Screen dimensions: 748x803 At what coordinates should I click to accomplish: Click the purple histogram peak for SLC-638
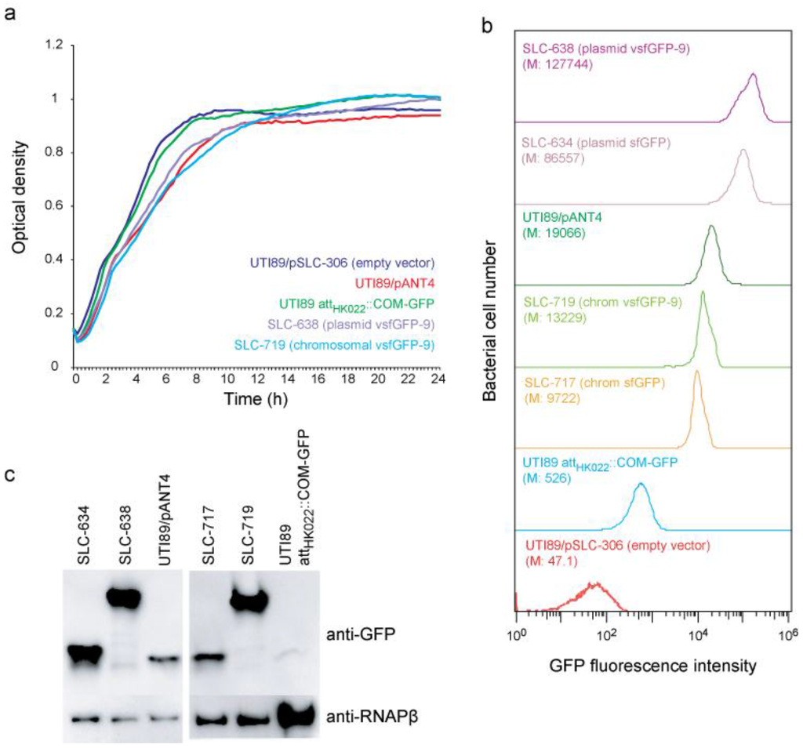pos(753,74)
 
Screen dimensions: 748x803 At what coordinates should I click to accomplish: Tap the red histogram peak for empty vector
pos(594,585)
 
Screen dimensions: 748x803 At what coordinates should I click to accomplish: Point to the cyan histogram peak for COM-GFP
pos(641,485)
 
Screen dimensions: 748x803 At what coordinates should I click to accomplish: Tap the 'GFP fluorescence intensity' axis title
pos(652,666)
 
